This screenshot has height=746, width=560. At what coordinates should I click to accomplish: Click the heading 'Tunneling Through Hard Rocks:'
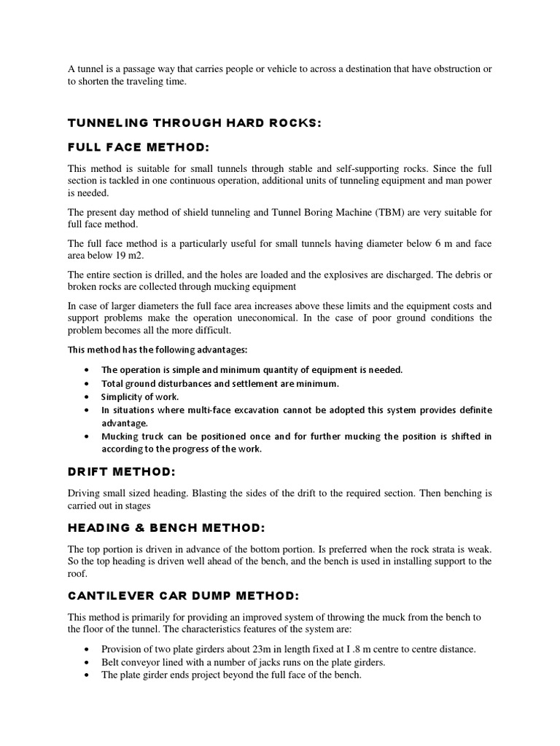click(194, 123)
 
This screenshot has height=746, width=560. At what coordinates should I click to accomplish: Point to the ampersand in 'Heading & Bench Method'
click(132, 527)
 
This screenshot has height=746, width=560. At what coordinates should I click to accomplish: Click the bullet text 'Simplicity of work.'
click(139, 397)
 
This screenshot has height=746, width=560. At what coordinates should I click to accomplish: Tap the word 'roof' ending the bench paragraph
click(79, 574)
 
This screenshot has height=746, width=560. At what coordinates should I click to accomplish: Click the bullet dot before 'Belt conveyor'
click(87, 662)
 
